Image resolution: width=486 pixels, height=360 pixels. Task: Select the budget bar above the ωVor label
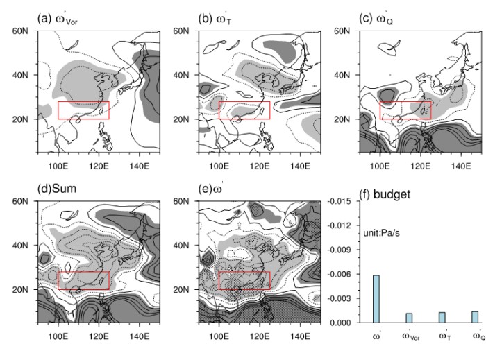click(x=409, y=318)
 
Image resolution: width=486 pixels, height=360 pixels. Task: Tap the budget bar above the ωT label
click(x=442, y=317)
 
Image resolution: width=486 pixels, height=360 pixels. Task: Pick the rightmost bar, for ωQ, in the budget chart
click(x=475, y=317)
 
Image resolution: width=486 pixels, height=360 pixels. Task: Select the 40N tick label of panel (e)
click(x=185, y=245)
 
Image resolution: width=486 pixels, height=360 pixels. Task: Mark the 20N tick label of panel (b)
click(x=185, y=119)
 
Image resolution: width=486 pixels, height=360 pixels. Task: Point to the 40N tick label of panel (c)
click(x=346, y=75)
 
